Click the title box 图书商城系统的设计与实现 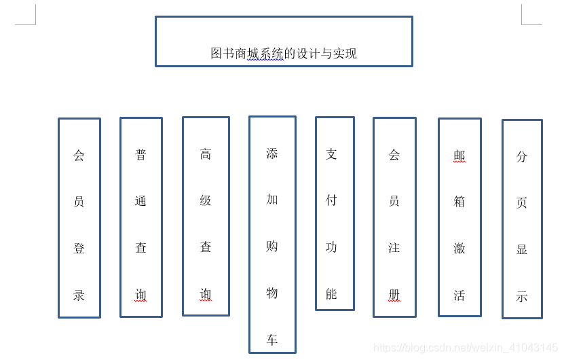coord(284,41)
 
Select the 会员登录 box coord(79,217)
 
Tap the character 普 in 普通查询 coord(141,155)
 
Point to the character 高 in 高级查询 coord(206,154)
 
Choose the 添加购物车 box coord(272,234)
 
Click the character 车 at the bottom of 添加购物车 coord(272,340)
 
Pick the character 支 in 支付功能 coord(331,154)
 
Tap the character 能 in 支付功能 coord(331,294)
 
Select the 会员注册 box coord(394,217)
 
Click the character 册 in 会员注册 coord(394,295)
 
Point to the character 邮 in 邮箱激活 coord(459,156)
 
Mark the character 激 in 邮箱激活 coord(459,249)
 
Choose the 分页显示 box coord(522,219)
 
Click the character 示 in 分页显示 coord(522,296)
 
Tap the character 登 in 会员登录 coord(79,249)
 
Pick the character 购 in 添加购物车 coord(272,247)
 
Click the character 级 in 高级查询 coord(206,200)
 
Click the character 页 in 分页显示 coord(522,202)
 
